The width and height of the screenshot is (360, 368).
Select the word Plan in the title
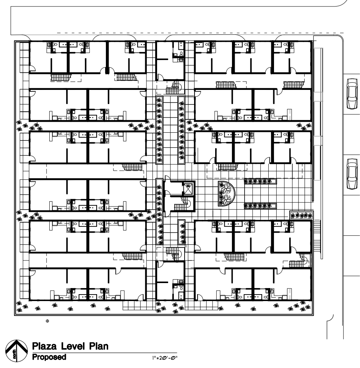pyautogui.click(x=99, y=347)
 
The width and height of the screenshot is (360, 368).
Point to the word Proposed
pyautogui.click(x=49, y=357)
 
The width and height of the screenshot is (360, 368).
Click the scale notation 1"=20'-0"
pyautogui.click(x=165, y=358)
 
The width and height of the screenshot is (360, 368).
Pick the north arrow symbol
pyautogui.click(x=16, y=351)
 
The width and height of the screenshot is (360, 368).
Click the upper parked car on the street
pyautogui.click(x=352, y=94)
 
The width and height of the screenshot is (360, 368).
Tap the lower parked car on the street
pyautogui.click(x=352, y=174)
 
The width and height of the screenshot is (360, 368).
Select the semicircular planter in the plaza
pyautogui.click(x=226, y=194)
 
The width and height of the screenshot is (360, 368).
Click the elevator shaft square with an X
pyautogui.click(x=188, y=189)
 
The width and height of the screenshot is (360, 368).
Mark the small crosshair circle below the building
pyautogui.click(x=47, y=321)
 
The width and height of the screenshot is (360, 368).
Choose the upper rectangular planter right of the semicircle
pyautogui.click(x=260, y=181)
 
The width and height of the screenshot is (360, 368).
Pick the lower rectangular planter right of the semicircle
pyautogui.click(x=260, y=206)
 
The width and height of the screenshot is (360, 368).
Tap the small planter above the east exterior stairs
pyautogui.click(x=302, y=215)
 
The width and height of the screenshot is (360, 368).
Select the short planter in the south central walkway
pyautogui.click(x=182, y=232)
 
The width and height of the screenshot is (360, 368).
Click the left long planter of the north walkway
pyautogui.click(x=159, y=130)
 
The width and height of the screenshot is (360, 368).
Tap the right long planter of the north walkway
pyautogui.click(x=182, y=130)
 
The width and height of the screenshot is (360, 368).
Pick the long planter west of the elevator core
pyautogui.click(x=159, y=212)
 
